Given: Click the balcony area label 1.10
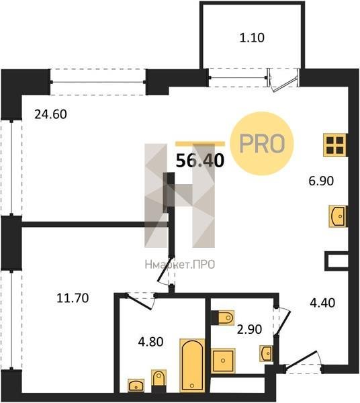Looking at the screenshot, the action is [252, 38].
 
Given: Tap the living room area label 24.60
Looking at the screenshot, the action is [50, 114].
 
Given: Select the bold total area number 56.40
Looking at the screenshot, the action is [200, 161].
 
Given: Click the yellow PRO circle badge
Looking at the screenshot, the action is [262, 144].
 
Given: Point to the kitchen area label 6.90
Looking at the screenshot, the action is [321, 181].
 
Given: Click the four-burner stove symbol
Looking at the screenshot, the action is [335, 145].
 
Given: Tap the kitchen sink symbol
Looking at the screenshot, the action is [337, 216].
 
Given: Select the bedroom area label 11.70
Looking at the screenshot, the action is [73, 298].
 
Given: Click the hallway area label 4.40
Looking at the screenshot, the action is [322, 303].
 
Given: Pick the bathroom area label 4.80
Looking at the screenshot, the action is [150, 342].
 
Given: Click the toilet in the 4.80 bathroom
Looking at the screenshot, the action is [159, 377].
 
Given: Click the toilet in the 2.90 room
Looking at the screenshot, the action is [226, 318].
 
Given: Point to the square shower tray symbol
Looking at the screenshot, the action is [223, 360].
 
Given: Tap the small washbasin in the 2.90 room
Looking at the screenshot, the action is [266, 353].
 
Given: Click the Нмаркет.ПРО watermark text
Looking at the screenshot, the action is [180, 265].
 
